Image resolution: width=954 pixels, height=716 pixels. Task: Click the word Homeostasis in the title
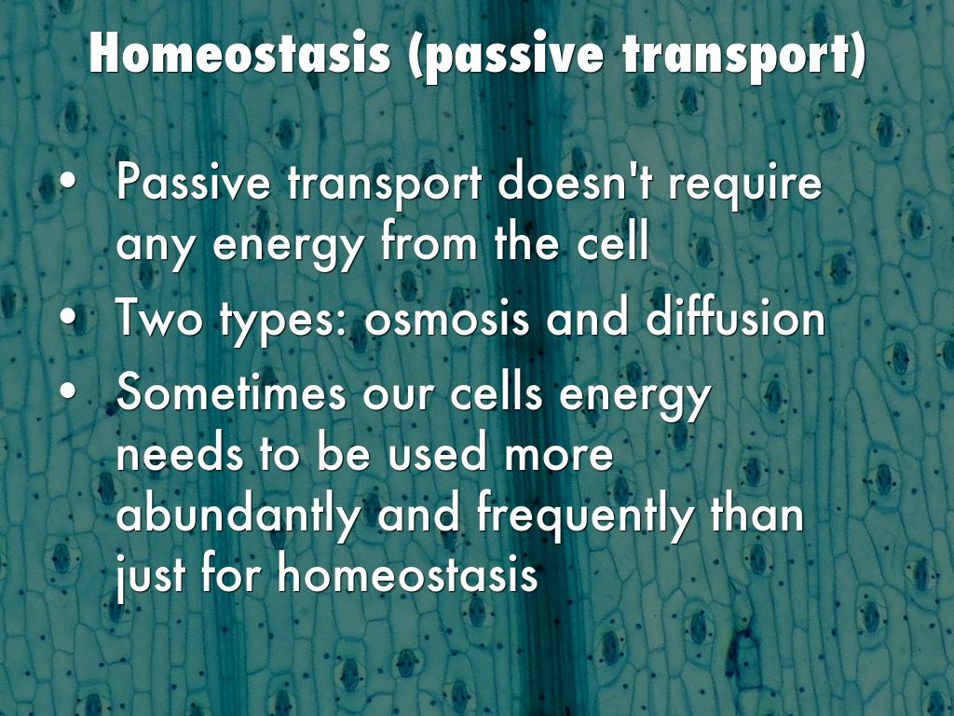point(239,53)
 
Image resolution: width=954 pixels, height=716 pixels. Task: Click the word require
point(745,186)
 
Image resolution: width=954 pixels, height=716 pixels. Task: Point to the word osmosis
point(446,319)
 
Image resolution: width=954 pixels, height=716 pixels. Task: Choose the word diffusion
point(734,316)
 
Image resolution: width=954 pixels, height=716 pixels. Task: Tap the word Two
point(158,317)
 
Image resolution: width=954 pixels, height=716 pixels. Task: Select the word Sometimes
point(232,392)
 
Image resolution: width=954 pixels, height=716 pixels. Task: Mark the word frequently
point(585,516)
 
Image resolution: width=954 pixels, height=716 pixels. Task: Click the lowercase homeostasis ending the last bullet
point(407,573)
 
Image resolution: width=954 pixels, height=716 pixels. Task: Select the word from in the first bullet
point(429,241)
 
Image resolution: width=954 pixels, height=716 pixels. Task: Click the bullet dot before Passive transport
point(69,181)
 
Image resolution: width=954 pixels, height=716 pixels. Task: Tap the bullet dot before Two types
point(69,317)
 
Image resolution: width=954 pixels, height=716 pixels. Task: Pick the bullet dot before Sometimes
point(69,391)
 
